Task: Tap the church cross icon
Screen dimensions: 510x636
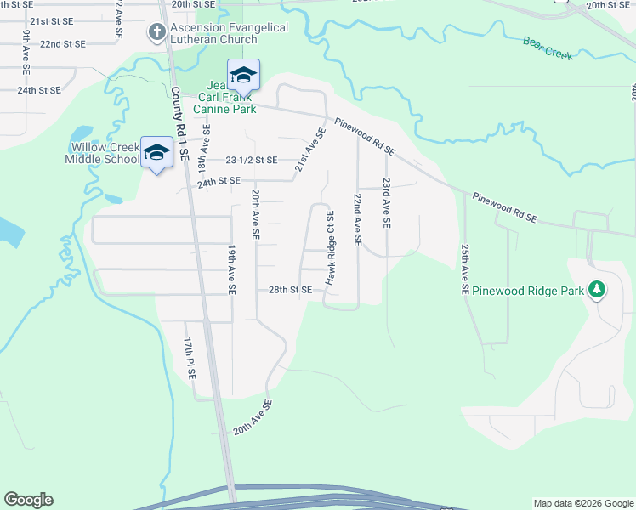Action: pos(156,33)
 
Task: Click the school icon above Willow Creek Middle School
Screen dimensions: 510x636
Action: pos(156,152)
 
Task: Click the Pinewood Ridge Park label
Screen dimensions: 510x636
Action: pos(529,291)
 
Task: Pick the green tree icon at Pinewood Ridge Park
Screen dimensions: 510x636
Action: pos(597,290)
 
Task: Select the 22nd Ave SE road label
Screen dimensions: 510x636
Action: pos(358,219)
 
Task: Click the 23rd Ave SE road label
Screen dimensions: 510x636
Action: pos(386,202)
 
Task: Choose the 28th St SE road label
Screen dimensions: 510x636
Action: pos(290,290)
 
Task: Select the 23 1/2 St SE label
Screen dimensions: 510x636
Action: pos(252,160)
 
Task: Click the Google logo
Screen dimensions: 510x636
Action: pos(28,500)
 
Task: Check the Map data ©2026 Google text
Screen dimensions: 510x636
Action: pos(582,503)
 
